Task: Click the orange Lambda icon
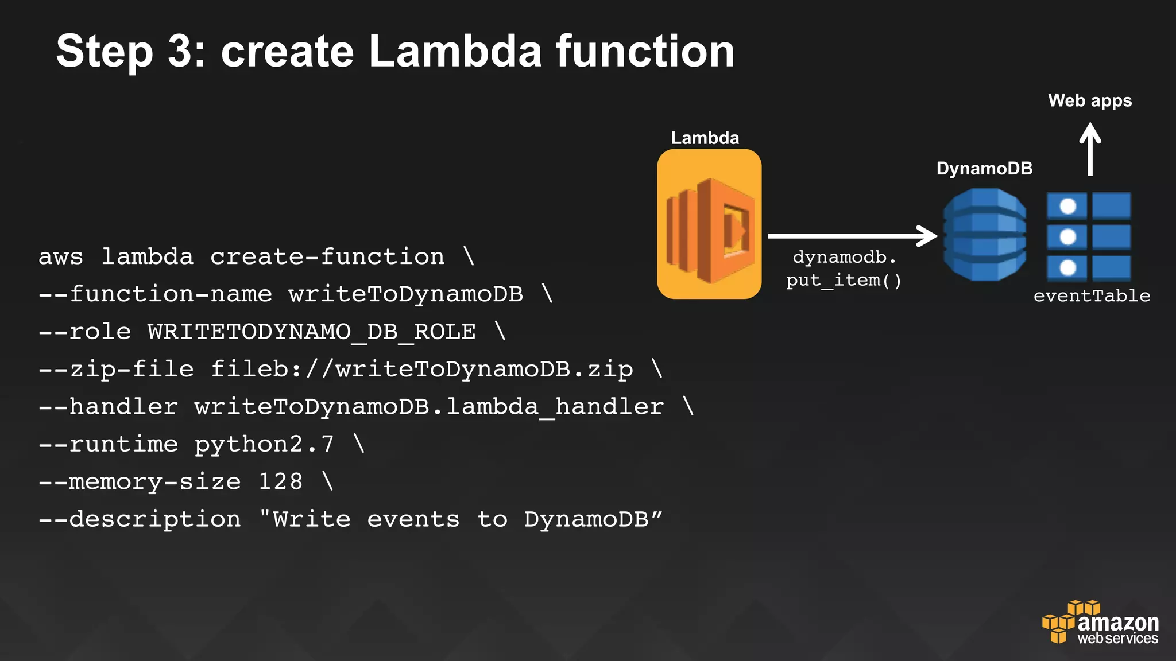(x=709, y=224)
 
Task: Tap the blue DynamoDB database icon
(x=984, y=235)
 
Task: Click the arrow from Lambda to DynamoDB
(x=852, y=236)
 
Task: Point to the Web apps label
(x=1090, y=100)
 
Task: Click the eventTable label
(x=1092, y=295)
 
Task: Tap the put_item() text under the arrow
(x=844, y=281)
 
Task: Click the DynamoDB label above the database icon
(x=984, y=168)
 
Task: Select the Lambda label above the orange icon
(x=705, y=138)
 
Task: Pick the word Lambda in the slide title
(x=455, y=52)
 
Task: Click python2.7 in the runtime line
(x=264, y=444)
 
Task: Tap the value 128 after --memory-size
(x=280, y=481)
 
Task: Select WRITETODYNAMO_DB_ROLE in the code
(x=312, y=332)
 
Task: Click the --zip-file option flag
(x=116, y=369)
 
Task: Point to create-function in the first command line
(x=327, y=256)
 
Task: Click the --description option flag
(x=140, y=519)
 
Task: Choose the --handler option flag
(x=108, y=407)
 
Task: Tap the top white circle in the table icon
(x=1067, y=206)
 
